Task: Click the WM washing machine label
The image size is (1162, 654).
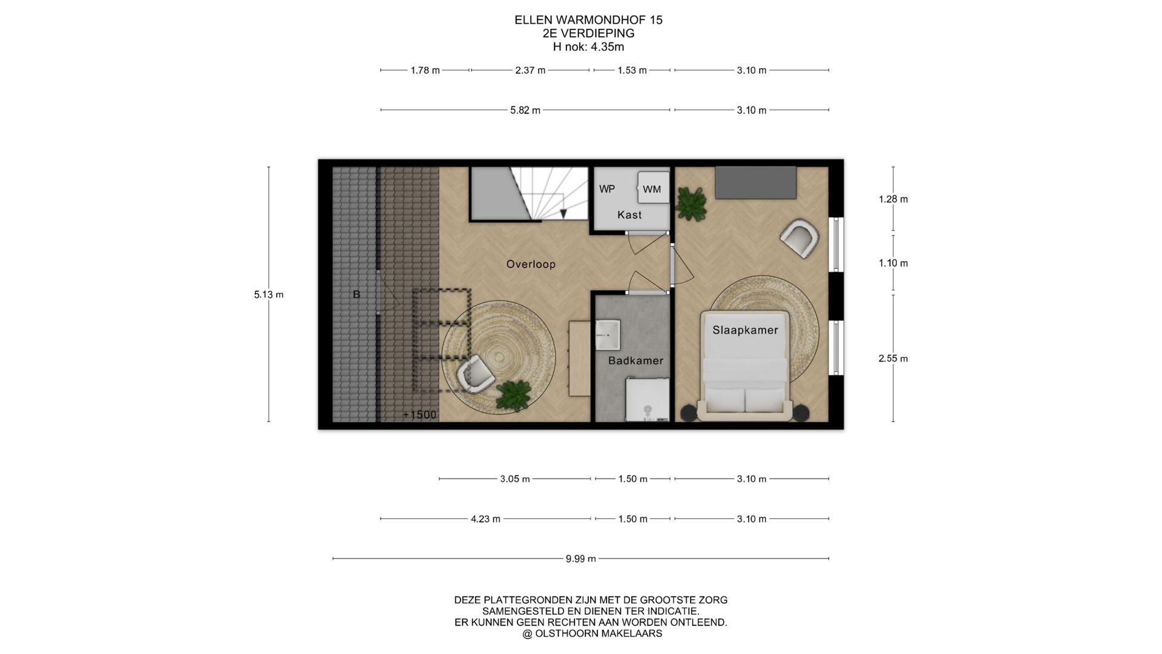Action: click(x=652, y=190)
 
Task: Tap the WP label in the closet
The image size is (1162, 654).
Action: click(x=607, y=189)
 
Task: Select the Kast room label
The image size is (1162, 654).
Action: click(x=629, y=215)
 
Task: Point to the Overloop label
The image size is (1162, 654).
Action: click(x=531, y=264)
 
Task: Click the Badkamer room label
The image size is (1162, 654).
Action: click(x=635, y=360)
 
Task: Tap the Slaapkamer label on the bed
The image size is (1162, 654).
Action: click(x=745, y=331)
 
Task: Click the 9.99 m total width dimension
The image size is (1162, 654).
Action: click(x=580, y=559)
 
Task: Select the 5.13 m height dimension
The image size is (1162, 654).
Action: click(x=269, y=295)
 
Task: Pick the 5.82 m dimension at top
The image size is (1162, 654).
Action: click(x=525, y=110)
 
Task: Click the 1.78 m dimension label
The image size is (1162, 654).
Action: click(x=425, y=70)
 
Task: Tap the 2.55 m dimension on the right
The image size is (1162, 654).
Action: click(x=893, y=358)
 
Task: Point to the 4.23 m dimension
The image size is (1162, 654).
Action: click(x=485, y=519)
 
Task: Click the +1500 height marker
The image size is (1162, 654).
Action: click(x=419, y=415)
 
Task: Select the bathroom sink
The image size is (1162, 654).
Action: click(x=607, y=335)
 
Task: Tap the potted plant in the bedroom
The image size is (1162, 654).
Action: click(x=691, y=203)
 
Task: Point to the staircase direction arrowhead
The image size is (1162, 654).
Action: click(x=563, y=213)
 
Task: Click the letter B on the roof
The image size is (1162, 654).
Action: click(x=356, y=294)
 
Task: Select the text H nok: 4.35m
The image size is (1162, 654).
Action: click(x=588, y=47)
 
